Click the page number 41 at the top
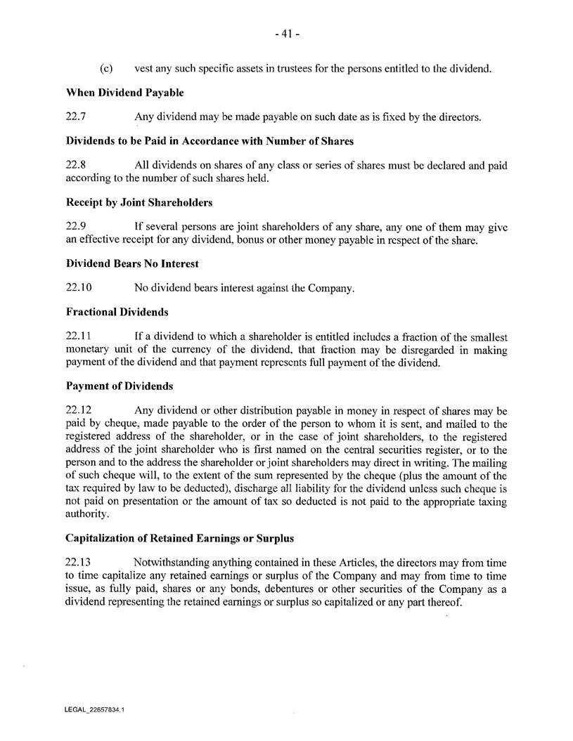[x=286, y=34]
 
